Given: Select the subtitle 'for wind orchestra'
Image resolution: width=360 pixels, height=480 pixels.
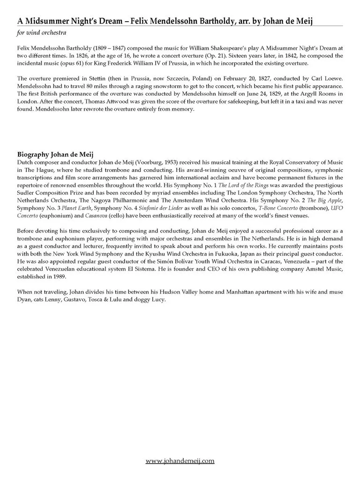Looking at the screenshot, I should click(x=42, y=33).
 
